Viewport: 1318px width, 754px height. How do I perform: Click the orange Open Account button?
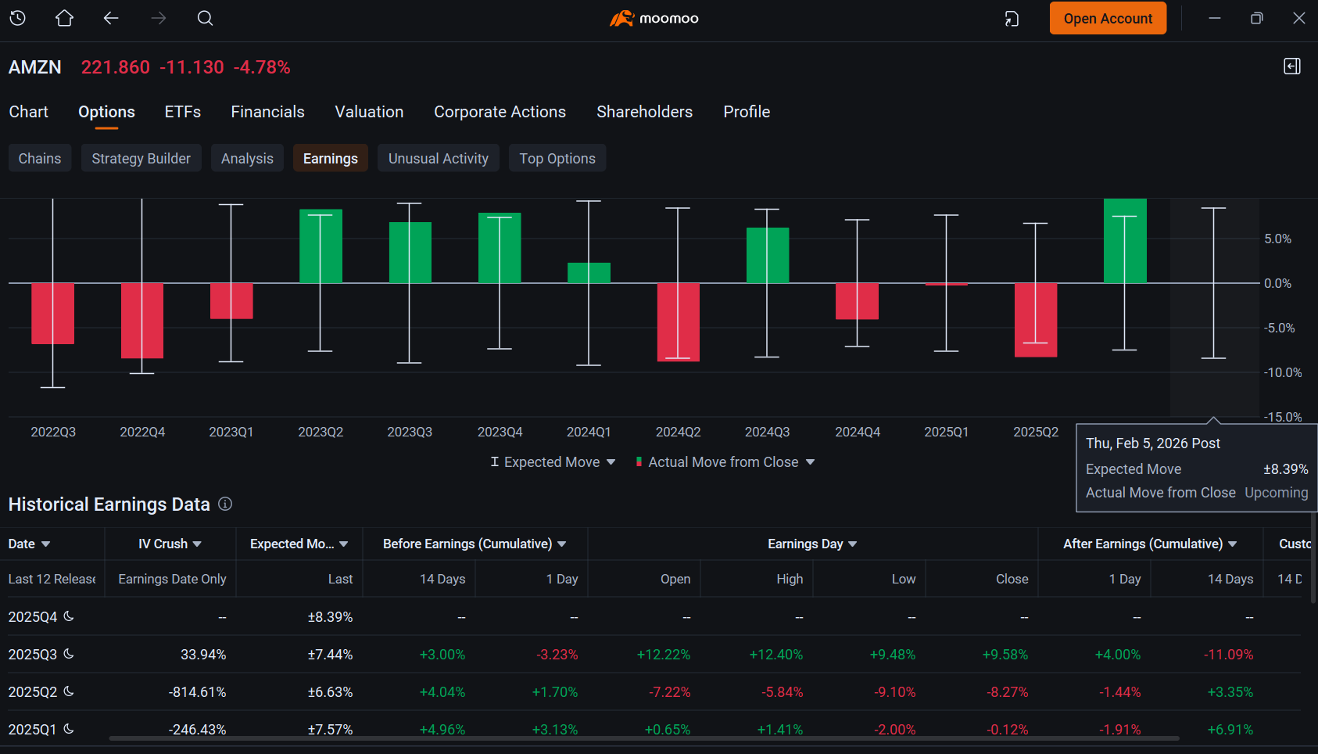coord(1108,18)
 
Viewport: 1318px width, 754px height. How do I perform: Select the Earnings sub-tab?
coord(330,158)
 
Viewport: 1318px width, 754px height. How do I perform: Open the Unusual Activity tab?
coord(438,158)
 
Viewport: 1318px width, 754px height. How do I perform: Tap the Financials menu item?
coord(267,112)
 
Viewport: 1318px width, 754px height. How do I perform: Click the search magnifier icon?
coord(205,18)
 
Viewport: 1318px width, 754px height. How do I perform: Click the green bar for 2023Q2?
coord(321,246)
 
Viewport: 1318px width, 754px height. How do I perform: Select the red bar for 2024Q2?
coord(679,322)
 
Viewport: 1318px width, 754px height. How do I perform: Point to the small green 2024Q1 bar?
coord(589,273)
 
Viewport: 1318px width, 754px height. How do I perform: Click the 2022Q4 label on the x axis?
coord(142,432)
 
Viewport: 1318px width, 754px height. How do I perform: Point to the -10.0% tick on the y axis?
coord(1283,372)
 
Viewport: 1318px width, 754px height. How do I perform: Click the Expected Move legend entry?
coord(553,462)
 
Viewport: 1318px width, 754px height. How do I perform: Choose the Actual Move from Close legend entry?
coord(725,462)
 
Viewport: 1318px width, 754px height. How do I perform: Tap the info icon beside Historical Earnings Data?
coord(225,504)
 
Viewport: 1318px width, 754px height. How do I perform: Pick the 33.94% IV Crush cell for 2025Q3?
coord(203,655)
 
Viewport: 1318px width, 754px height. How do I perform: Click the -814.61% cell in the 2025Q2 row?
coord(197,692)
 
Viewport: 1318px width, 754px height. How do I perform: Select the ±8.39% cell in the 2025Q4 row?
coord(330,617)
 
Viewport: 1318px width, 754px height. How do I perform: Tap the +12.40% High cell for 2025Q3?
coord(775,655)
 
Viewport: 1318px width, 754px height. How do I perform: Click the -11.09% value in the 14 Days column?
coord(1228,655)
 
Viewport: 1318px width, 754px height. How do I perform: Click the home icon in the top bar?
coord(64,18)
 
